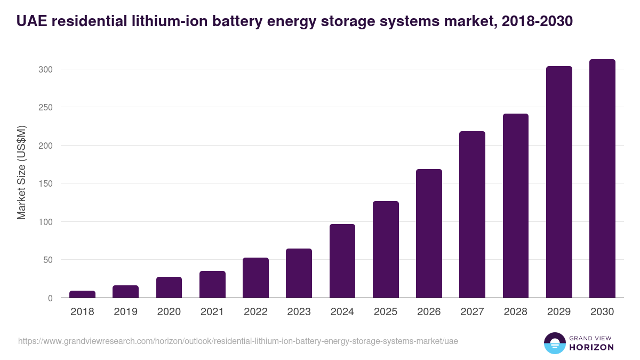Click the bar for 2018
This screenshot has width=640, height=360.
point(82,294)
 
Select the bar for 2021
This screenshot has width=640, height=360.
point(212,285)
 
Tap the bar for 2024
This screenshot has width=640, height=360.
point(342,261)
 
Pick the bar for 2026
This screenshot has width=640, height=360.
point(429,234)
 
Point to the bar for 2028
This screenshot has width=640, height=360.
point(516,206)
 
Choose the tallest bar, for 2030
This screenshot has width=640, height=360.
point(602,179)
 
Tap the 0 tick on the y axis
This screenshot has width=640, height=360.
point(51,298)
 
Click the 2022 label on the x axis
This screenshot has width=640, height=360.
point(255,312)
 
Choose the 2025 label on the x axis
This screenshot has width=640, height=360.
point(386,312)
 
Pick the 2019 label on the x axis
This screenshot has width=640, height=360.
point(125,312)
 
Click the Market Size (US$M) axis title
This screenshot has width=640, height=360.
point(21,172)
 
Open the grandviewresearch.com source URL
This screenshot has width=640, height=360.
point(238,341)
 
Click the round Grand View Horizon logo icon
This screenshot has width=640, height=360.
point(554,343)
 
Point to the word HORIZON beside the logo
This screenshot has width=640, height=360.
point(592,347)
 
